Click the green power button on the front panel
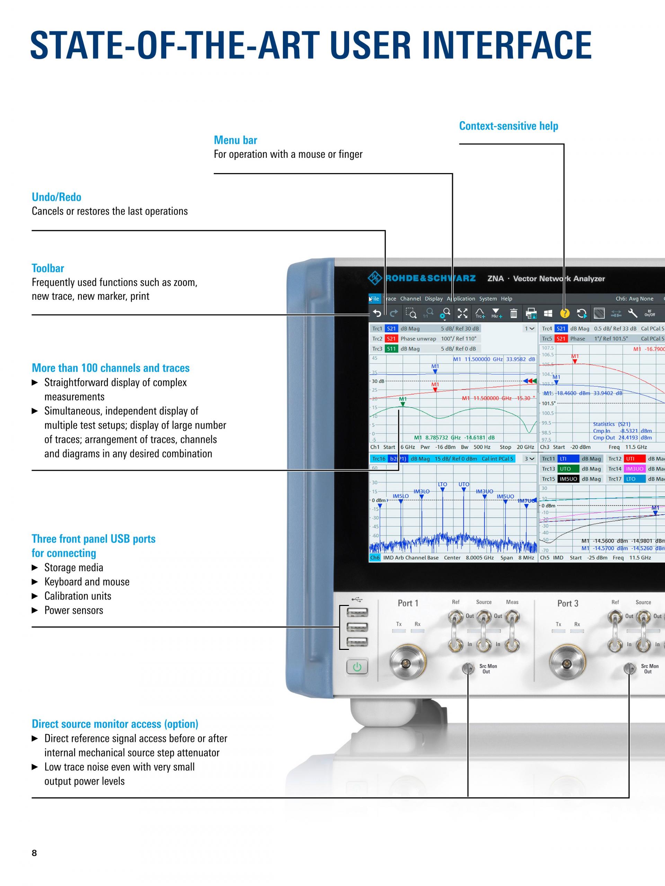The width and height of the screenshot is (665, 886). tap(357, 667)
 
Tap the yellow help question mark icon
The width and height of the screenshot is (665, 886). tap(565, 314)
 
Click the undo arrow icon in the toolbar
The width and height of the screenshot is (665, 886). tap(377, 313)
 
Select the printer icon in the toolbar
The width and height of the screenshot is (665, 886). tap(531, 313)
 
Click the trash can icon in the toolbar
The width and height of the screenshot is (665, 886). tap(514, 313)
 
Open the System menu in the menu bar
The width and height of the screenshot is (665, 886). tap(488, 299)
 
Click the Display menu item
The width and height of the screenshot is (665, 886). tap(434, 299)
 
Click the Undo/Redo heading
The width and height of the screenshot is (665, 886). tap(56, 197)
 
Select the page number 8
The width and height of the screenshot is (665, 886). tap(35, 853)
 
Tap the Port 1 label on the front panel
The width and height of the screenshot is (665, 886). tap(408, 603)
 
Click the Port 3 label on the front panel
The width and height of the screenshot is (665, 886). tap(568, 604)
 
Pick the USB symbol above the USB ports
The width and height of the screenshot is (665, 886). tap(357, 600)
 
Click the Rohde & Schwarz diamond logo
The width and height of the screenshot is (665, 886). tap(375, 278)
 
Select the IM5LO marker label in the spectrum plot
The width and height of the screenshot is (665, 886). tap(400, 496)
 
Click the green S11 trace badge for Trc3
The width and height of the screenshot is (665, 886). tap(391, 349)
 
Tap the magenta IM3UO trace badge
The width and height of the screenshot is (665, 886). tap(635, 469)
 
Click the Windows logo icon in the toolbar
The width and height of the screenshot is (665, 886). tap(548, 314)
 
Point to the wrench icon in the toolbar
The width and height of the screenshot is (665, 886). tap(632, 313)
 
